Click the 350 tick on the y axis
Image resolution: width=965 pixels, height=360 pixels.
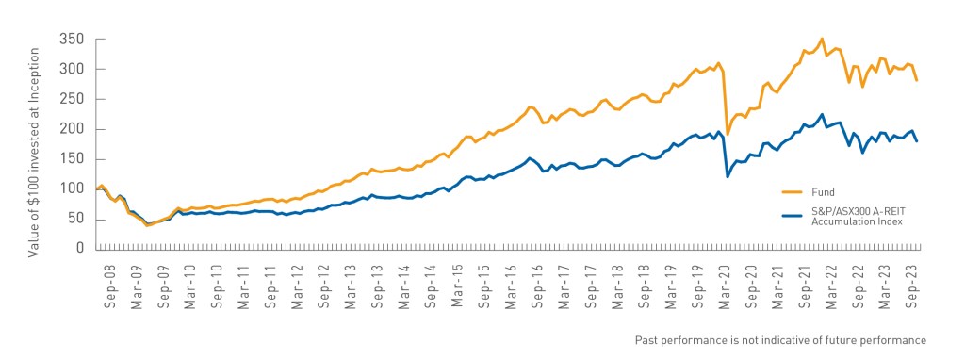[x=73, y=40]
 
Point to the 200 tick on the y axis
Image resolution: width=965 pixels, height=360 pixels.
[x=73, y=129]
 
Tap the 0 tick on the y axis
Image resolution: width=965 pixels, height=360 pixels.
[x=80, y=249]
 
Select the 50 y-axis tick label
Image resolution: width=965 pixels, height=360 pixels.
[x=76, y=219]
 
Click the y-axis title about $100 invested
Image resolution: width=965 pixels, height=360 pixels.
[x=33, y=144]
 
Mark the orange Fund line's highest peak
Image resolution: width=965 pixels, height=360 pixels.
[x=822, y=39]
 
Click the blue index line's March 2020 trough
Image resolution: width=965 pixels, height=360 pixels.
[x=728, y=176]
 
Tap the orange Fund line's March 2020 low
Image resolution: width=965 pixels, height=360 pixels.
[x=728, y=134]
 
